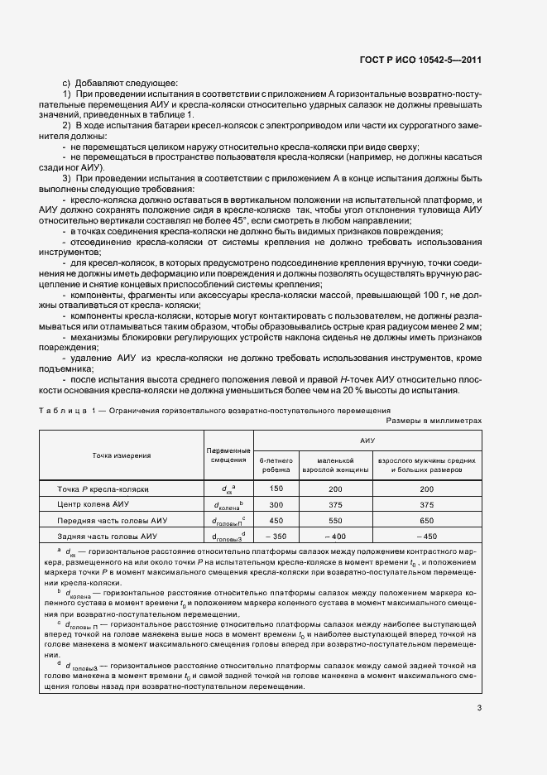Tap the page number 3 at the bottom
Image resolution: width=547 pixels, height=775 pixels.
coord(479,708)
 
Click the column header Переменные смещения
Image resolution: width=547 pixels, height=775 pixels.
coord(228,454)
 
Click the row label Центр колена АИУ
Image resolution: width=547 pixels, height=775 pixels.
coord(93,504)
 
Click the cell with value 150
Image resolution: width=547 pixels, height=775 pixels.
coord(276,489)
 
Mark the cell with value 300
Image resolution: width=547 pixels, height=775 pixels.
coord(276,504)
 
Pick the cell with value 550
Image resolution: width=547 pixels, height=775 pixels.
coord(334,521)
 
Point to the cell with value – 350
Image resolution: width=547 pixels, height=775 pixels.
coord(276,537)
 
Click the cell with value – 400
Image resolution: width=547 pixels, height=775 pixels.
coord(334,537)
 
